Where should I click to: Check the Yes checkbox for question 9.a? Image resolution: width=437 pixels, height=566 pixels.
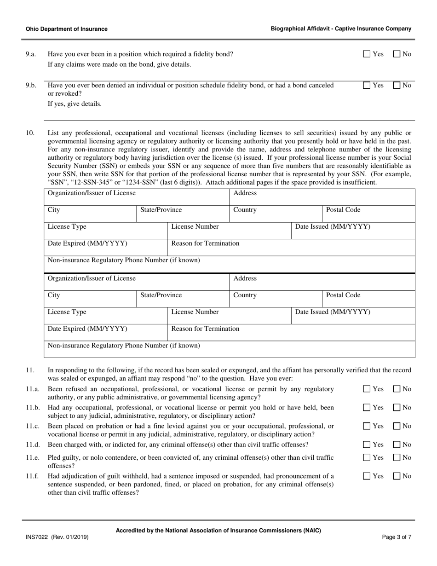point(367,54)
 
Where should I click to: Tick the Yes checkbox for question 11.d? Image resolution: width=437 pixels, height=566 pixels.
point(367,445)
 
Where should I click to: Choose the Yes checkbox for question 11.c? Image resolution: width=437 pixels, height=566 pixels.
point(367,426)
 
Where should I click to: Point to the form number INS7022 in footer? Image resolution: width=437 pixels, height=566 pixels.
point(37,537)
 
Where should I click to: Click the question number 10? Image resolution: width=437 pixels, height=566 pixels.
point(30,133)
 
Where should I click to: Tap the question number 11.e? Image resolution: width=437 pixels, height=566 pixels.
point(32,457)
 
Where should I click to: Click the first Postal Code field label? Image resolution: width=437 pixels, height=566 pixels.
point(343,210)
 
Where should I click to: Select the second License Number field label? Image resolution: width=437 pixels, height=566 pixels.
point(195,312)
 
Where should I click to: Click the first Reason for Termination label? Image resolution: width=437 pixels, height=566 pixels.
point(205,243)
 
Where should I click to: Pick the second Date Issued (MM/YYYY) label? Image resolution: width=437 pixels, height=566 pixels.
point(333,312)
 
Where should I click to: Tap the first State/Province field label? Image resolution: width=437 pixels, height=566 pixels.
point(161,210)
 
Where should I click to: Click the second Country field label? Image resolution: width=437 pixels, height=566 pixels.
point(245,295)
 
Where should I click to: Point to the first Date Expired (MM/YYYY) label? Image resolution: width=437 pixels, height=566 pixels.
point(87,243)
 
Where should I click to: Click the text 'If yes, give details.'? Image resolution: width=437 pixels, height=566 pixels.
point(75,104)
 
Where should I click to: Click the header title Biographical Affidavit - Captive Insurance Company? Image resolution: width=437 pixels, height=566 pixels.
point(341,29)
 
